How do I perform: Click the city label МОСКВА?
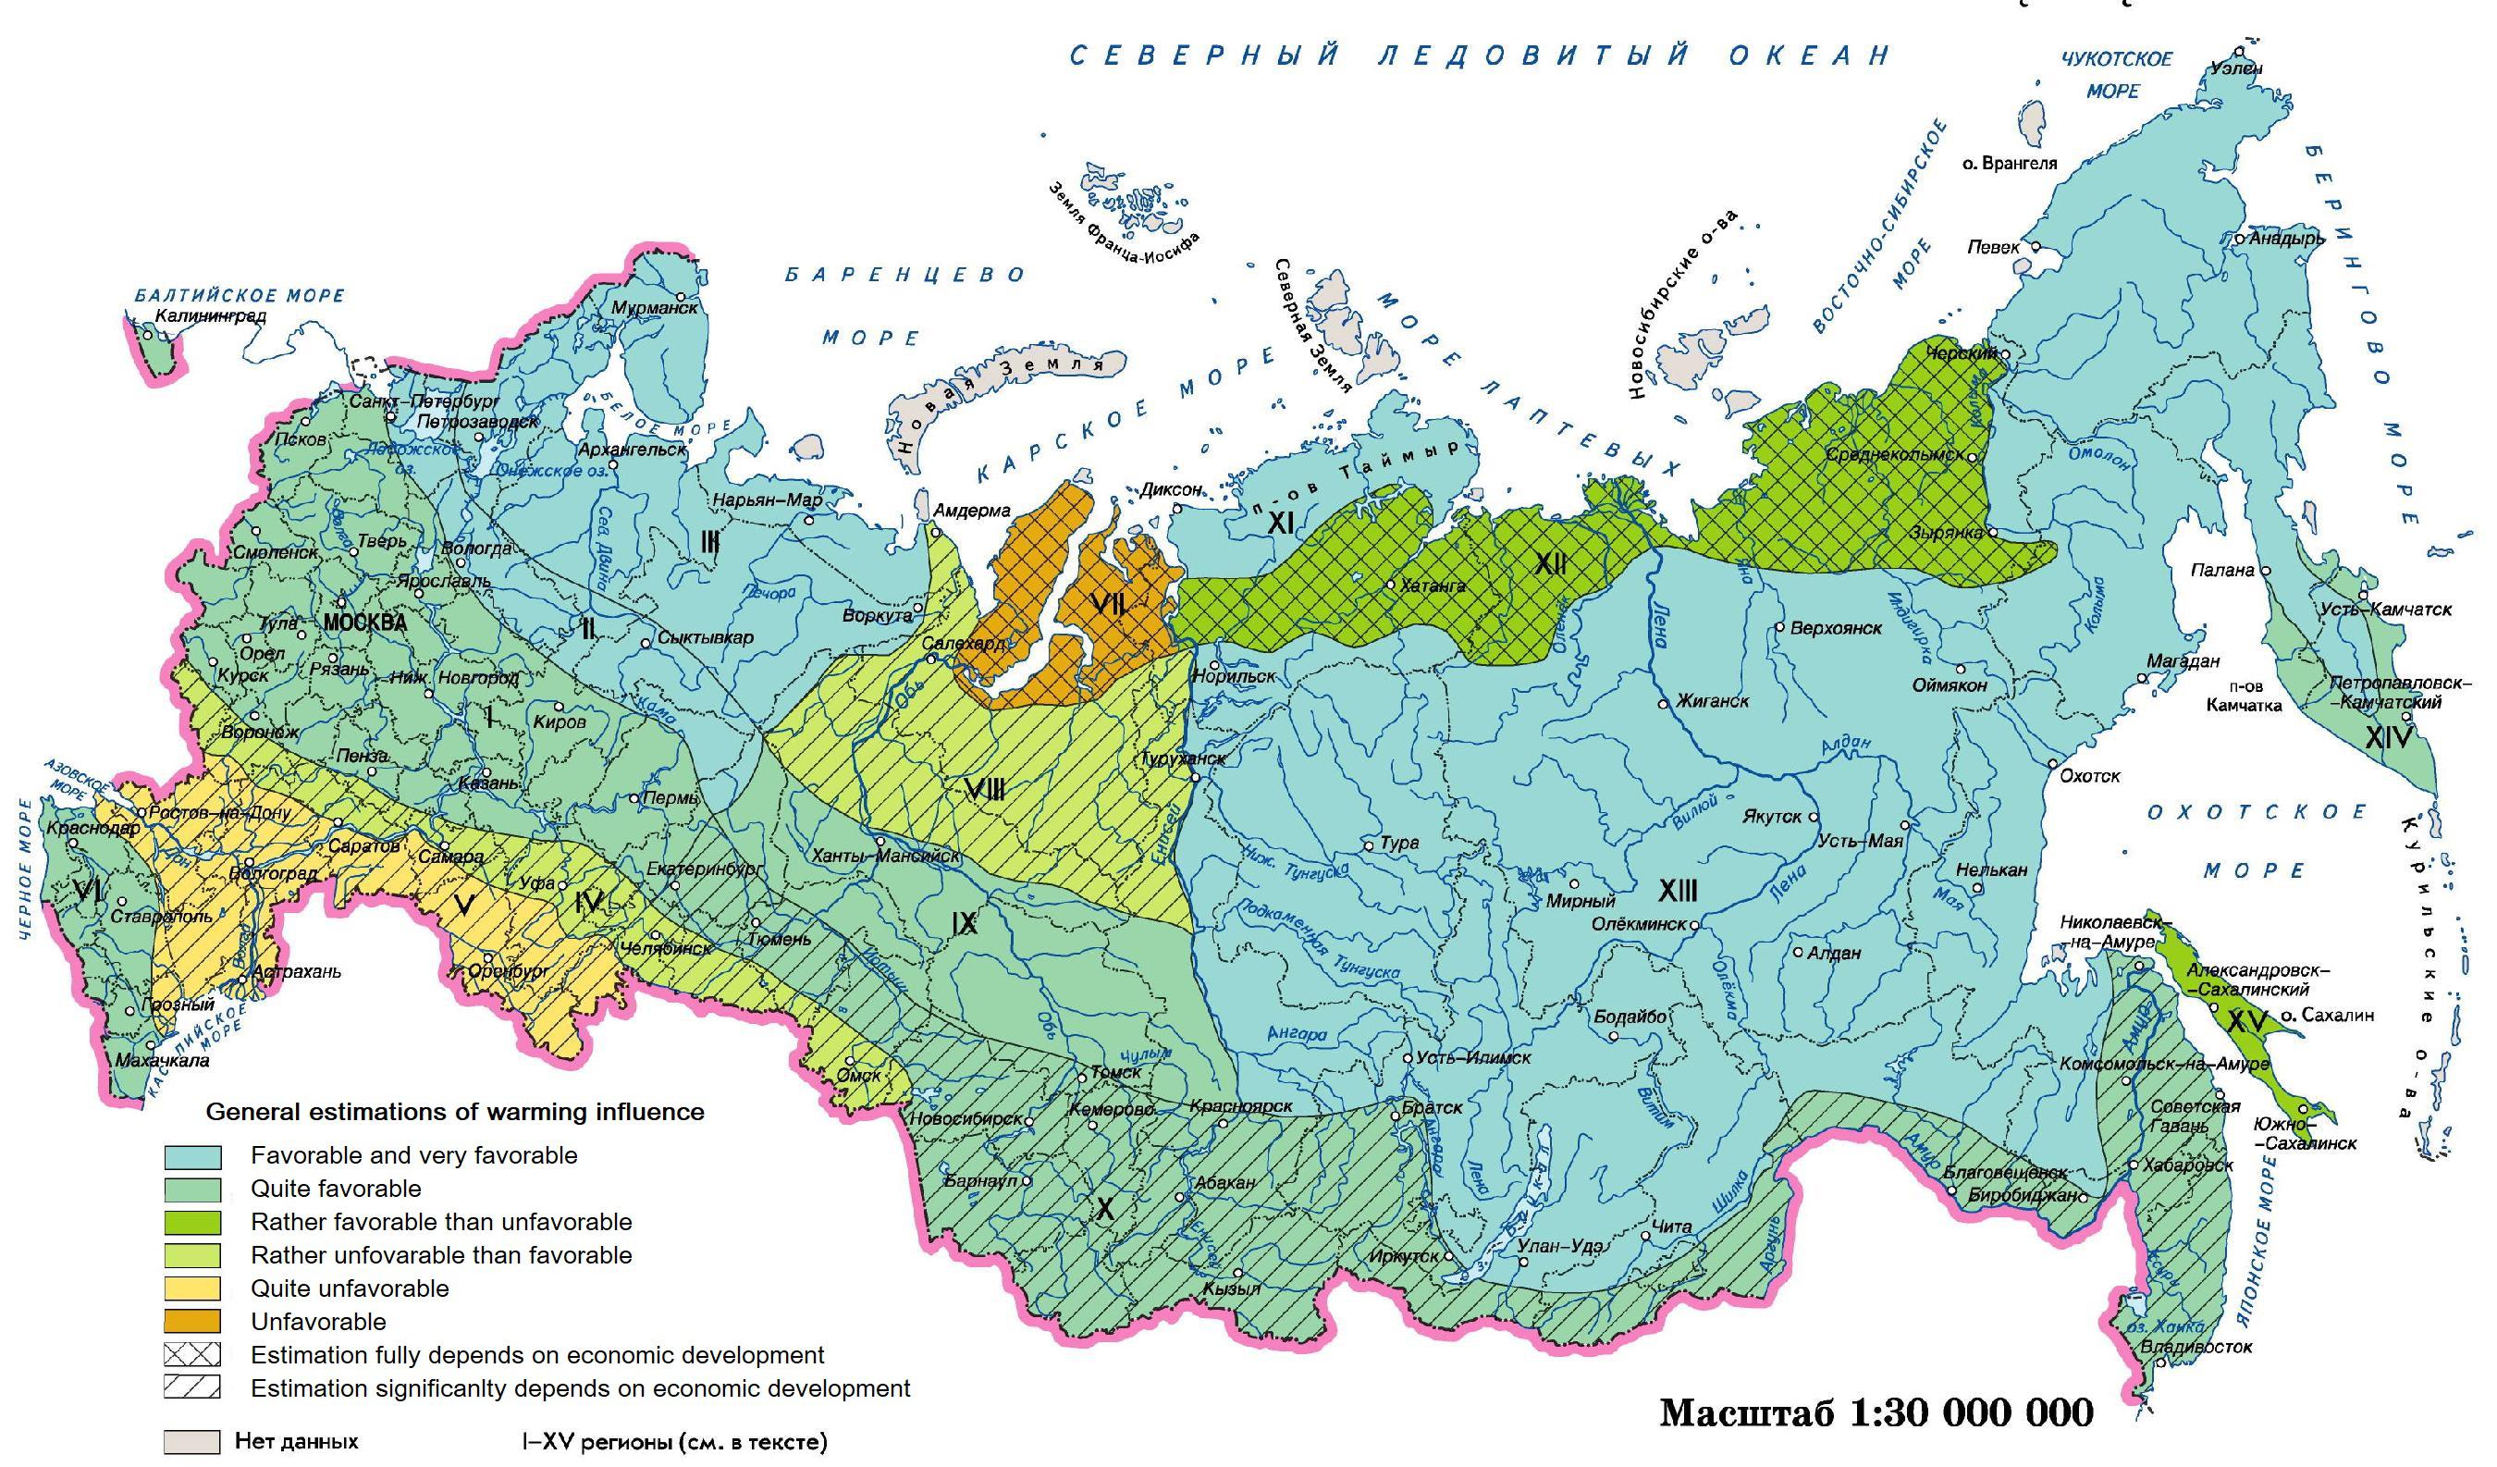tap(365, 623)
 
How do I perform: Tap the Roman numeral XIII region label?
tap(1678, 891)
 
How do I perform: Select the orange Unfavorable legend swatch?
tap(192, 1321)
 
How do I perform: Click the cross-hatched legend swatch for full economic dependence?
tap(192, 1355)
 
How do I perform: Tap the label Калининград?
tap(211, 318)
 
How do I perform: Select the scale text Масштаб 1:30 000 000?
tap(1876, 1412)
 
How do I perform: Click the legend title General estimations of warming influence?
tap(455, 1112)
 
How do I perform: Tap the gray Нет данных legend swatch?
tap(192, 1441)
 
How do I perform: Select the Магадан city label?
tap(2180, 660)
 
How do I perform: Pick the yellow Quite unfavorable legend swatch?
tap(192, 1288)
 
